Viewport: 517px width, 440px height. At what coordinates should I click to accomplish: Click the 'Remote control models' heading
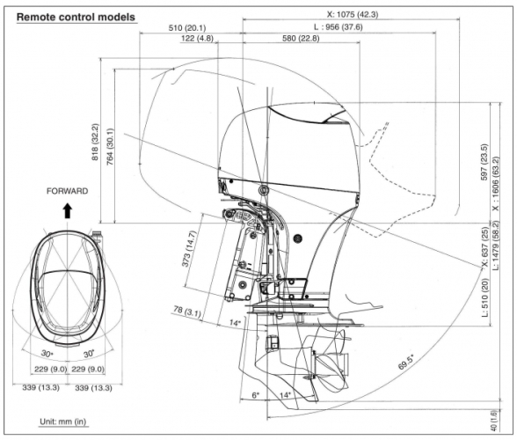click(76, 18)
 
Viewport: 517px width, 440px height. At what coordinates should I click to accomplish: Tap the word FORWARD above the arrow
click(67, 191)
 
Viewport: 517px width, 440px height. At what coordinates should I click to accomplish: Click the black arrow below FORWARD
click(68, 210)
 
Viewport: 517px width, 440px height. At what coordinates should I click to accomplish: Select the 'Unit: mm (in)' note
click(63, 422)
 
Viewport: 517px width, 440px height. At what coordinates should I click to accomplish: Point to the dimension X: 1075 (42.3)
click(353, 14)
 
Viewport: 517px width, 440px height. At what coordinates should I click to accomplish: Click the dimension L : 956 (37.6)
click(338, 26)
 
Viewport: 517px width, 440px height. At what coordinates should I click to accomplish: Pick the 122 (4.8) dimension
click(197, 39)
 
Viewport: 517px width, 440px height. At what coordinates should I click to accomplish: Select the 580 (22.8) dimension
click(301, 39)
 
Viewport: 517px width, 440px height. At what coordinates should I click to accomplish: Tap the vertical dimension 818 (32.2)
click(95, 142)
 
